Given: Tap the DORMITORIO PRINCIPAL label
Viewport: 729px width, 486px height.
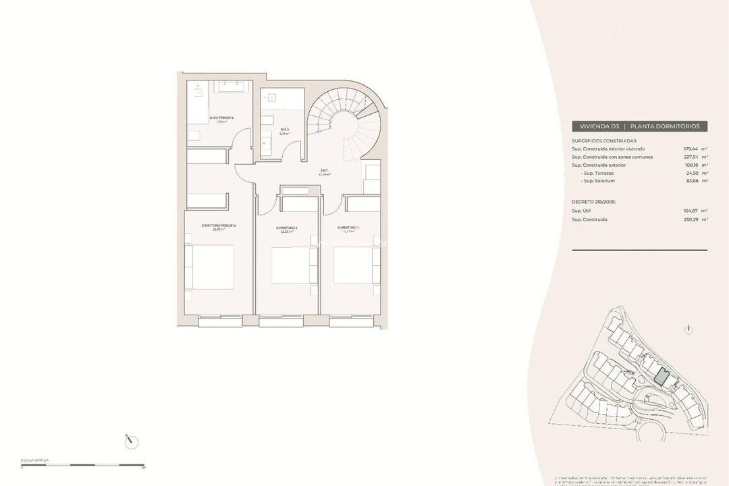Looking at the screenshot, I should pos(219,225).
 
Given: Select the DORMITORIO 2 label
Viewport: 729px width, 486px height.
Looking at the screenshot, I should pos(287,227).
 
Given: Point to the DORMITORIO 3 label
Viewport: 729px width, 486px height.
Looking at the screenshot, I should pos(348,227).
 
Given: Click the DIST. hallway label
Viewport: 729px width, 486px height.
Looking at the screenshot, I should pos(324,170).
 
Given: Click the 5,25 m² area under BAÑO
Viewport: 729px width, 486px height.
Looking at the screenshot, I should pos(284,134).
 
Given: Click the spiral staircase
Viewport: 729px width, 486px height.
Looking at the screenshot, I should pos(344,125).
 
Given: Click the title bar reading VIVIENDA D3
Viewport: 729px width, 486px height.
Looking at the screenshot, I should pos(639,126).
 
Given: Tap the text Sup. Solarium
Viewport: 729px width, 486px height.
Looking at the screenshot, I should pos(599,181).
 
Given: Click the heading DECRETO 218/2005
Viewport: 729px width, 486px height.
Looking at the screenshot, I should pos(594,201).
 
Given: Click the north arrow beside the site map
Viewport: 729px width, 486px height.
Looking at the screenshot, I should pos(688,330).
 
